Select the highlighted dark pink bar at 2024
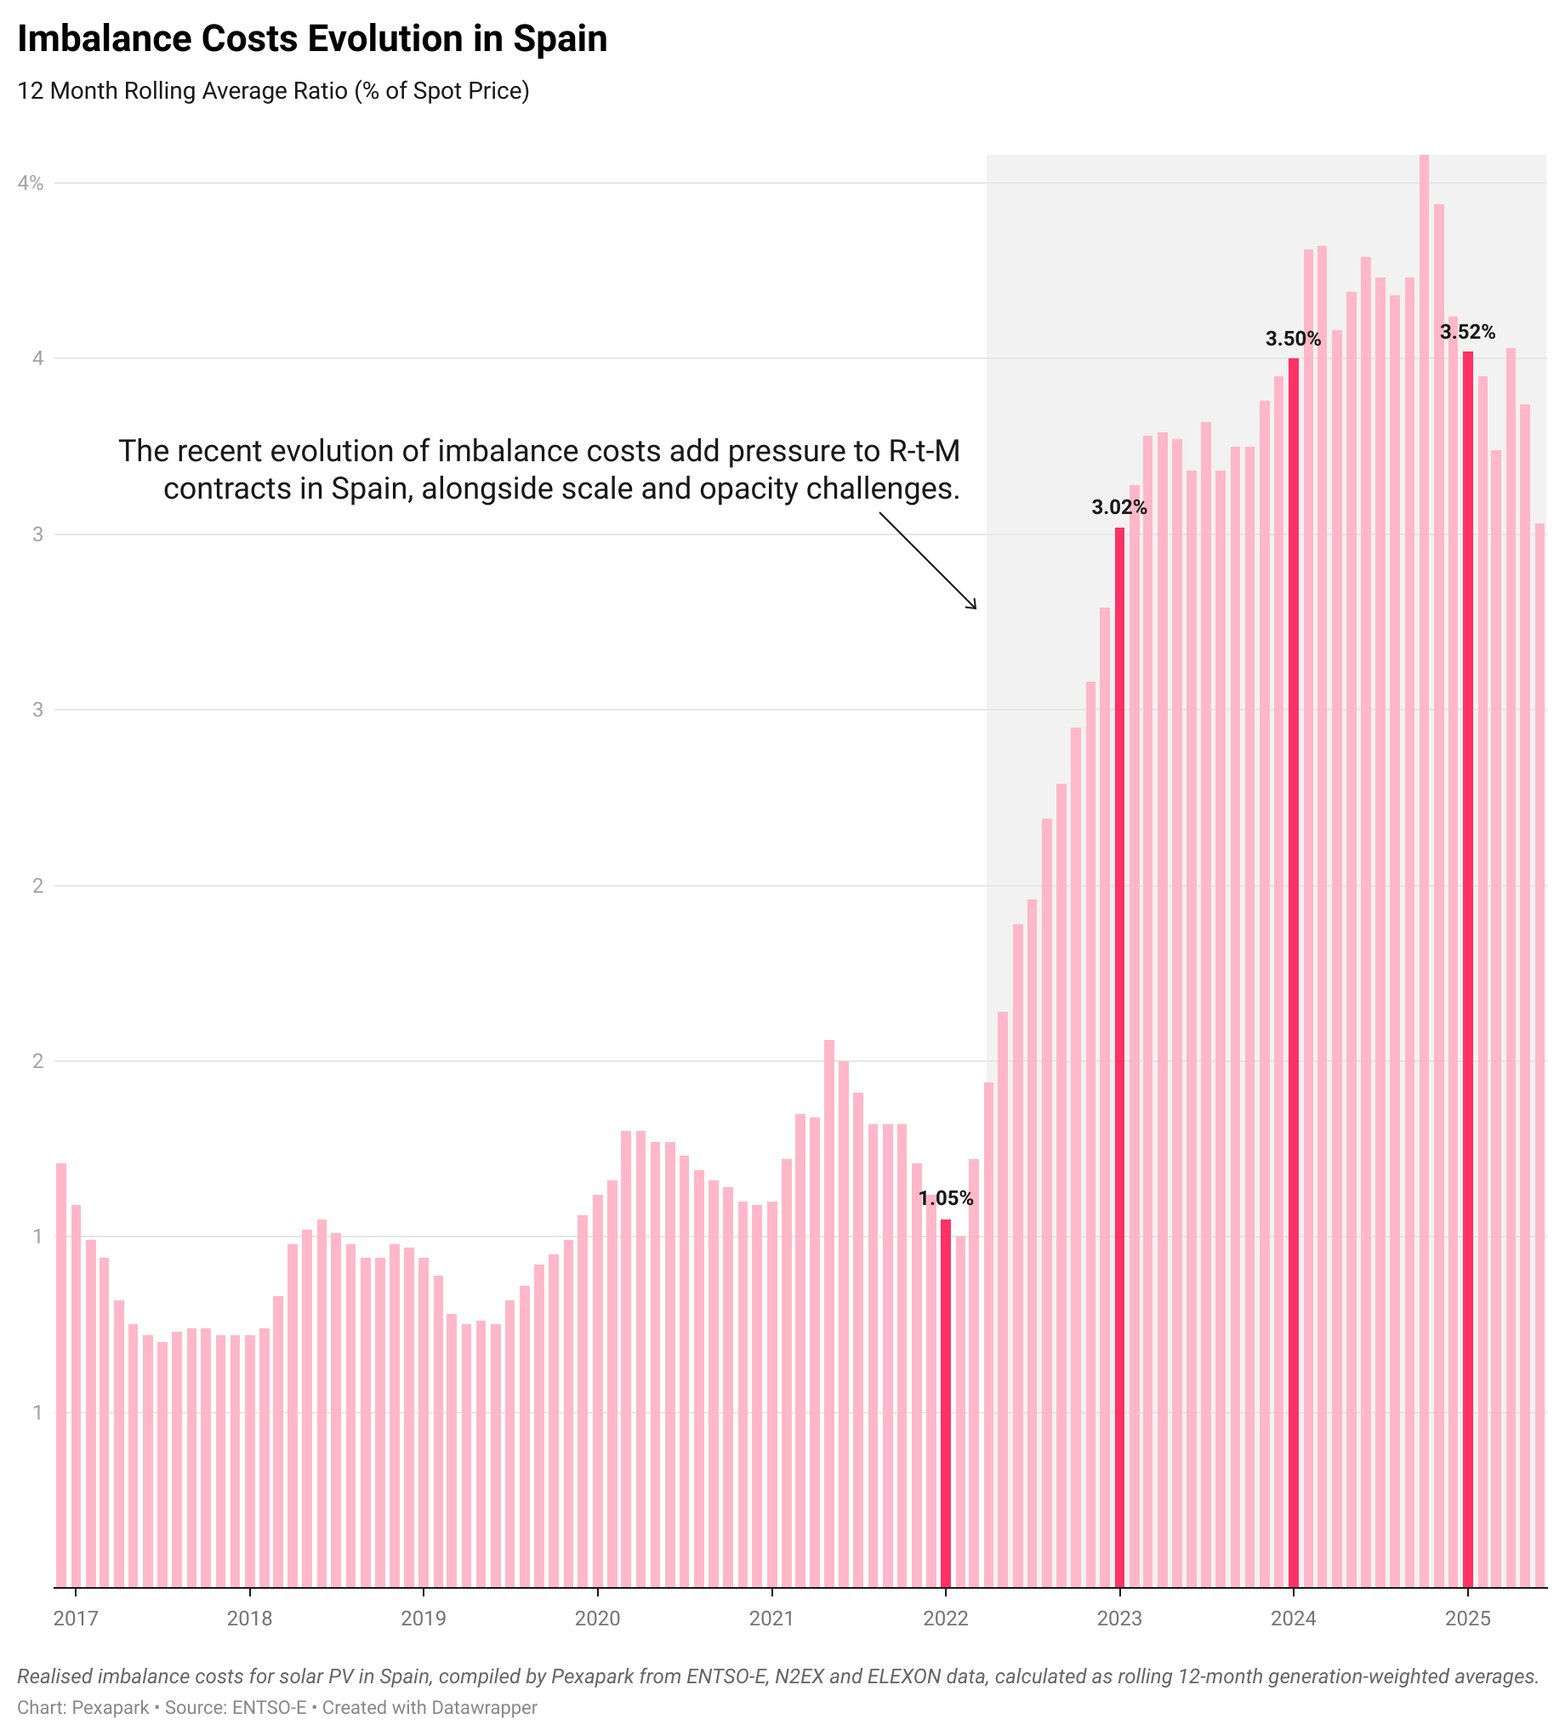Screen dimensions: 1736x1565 (1294, 972)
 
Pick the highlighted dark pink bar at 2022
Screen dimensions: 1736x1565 (946, 1402)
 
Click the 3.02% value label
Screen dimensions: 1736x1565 (1118, 507)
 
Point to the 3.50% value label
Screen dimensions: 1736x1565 (1293, 339)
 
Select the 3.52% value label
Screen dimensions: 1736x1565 (1467, 332)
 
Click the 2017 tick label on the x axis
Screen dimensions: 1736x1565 (76, 1619)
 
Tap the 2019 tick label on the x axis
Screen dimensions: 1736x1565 (423, 1619)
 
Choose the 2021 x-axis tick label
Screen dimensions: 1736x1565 (771, 1619)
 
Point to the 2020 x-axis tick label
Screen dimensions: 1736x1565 (597, 1619)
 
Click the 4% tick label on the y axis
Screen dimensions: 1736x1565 (30, 182)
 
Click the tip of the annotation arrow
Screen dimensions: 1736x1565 (976, 608)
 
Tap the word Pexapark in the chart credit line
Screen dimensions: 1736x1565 (111, 1707)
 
